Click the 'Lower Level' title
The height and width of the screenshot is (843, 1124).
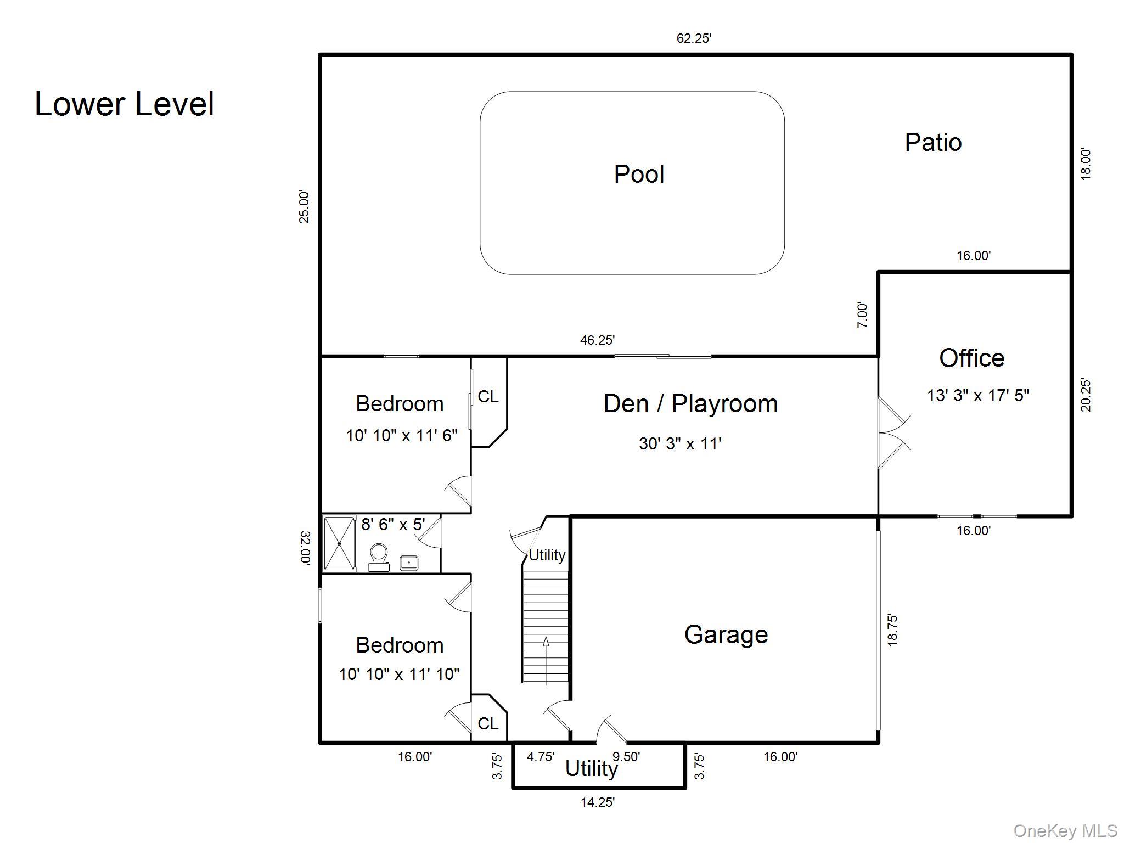point(125,104)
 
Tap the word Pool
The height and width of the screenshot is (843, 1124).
point(639,174)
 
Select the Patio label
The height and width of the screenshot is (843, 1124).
point(933,142)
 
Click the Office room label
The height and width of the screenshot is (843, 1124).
point(972,358)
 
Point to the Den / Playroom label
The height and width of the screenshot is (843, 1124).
point(690,403)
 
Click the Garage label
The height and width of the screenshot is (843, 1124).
point(726,634)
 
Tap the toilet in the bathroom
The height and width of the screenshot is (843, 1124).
point(379,557)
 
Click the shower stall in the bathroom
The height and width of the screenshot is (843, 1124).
point(339,543)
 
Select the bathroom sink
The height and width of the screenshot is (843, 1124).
point(409,563)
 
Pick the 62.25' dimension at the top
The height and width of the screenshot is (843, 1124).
point(694,38)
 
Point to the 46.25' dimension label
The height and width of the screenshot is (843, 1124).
point(597,340)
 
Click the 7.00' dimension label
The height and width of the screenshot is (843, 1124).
point(863,315)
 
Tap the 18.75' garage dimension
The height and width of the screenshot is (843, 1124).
point(892,630)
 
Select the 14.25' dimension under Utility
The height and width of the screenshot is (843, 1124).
point(598,802)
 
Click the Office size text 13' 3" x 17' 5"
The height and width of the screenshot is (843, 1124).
point(978,395)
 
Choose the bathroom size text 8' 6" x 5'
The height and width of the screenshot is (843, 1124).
point(393,524)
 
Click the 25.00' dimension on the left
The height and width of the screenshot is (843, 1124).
point(304,207)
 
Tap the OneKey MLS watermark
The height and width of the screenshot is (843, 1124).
point(1065,831)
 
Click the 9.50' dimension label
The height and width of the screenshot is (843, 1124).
point(626,757)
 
